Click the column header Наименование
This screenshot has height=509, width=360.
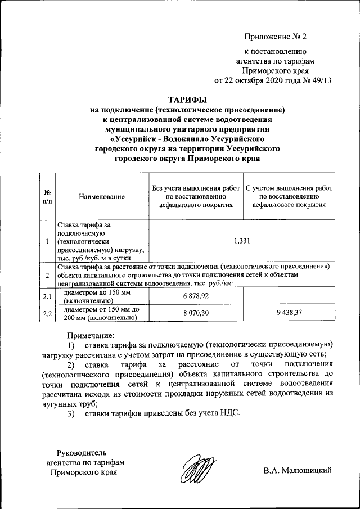coord(102,197)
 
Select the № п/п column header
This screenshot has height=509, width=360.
coord(47,197)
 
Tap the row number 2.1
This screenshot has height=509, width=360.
coord(47,296)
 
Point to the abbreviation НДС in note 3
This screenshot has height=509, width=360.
coord(226,413)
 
